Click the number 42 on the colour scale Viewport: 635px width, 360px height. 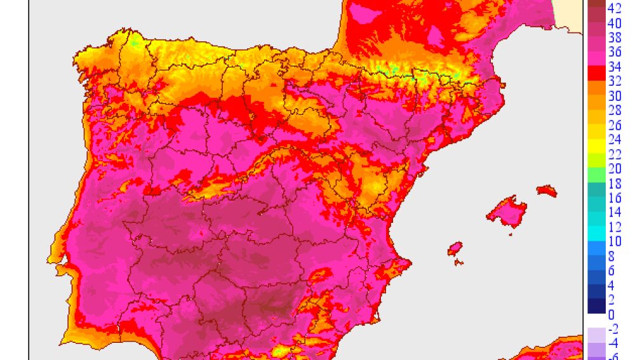[x=615, y=8]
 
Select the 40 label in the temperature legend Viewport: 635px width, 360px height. [x=615, y=23]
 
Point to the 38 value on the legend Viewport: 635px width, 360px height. [x=615, y=38]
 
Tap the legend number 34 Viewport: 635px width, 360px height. [x=615, y=67]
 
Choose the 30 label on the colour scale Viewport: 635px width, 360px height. [x=615, y=96]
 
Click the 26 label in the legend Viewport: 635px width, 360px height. [x=615, y=125]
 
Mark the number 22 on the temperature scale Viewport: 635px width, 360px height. [x=615, y=154]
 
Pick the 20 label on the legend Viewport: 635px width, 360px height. [x=615, y=169]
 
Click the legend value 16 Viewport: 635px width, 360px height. [x=615, y=198]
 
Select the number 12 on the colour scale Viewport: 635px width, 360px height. [x=615, y=227]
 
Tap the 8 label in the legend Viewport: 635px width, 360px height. [x=611, y=257]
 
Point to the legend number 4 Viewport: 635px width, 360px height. [x=611, y=286]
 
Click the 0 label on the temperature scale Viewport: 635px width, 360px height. [x=611, y=315]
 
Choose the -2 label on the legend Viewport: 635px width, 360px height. [x=613, y=329]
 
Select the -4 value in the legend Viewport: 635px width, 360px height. [x=613, y=343]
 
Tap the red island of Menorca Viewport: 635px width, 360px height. [x=546, y=190]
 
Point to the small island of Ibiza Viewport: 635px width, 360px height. [x=455, y=248]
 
